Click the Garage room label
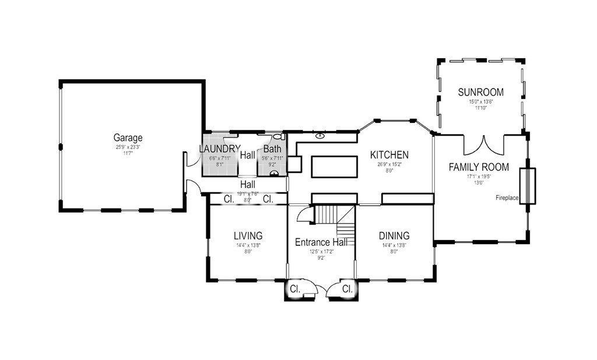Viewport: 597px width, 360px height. coord(128,138)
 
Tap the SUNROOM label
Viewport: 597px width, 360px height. coord(480,93)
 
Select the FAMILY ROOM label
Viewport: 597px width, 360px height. coord(478,167)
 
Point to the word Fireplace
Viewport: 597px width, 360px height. coord(507,198)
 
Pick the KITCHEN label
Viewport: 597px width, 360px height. coord(389,155)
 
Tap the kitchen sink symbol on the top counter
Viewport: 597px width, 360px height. coord(320,136)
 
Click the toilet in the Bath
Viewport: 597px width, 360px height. coord(278,137)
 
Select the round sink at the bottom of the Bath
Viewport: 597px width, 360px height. coord(274,173)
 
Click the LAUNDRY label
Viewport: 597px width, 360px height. coord(219,150)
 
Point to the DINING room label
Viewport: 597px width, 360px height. coord(394,236)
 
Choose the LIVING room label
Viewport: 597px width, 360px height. coord(248,236)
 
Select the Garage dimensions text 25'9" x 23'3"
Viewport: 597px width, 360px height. coord(128,147)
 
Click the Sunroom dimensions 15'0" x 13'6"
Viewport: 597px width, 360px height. coord(480,101)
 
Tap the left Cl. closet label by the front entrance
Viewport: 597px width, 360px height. coord(295,289)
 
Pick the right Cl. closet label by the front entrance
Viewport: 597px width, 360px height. coord(347,289)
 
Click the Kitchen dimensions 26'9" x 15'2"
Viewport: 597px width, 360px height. coord(389,164)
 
